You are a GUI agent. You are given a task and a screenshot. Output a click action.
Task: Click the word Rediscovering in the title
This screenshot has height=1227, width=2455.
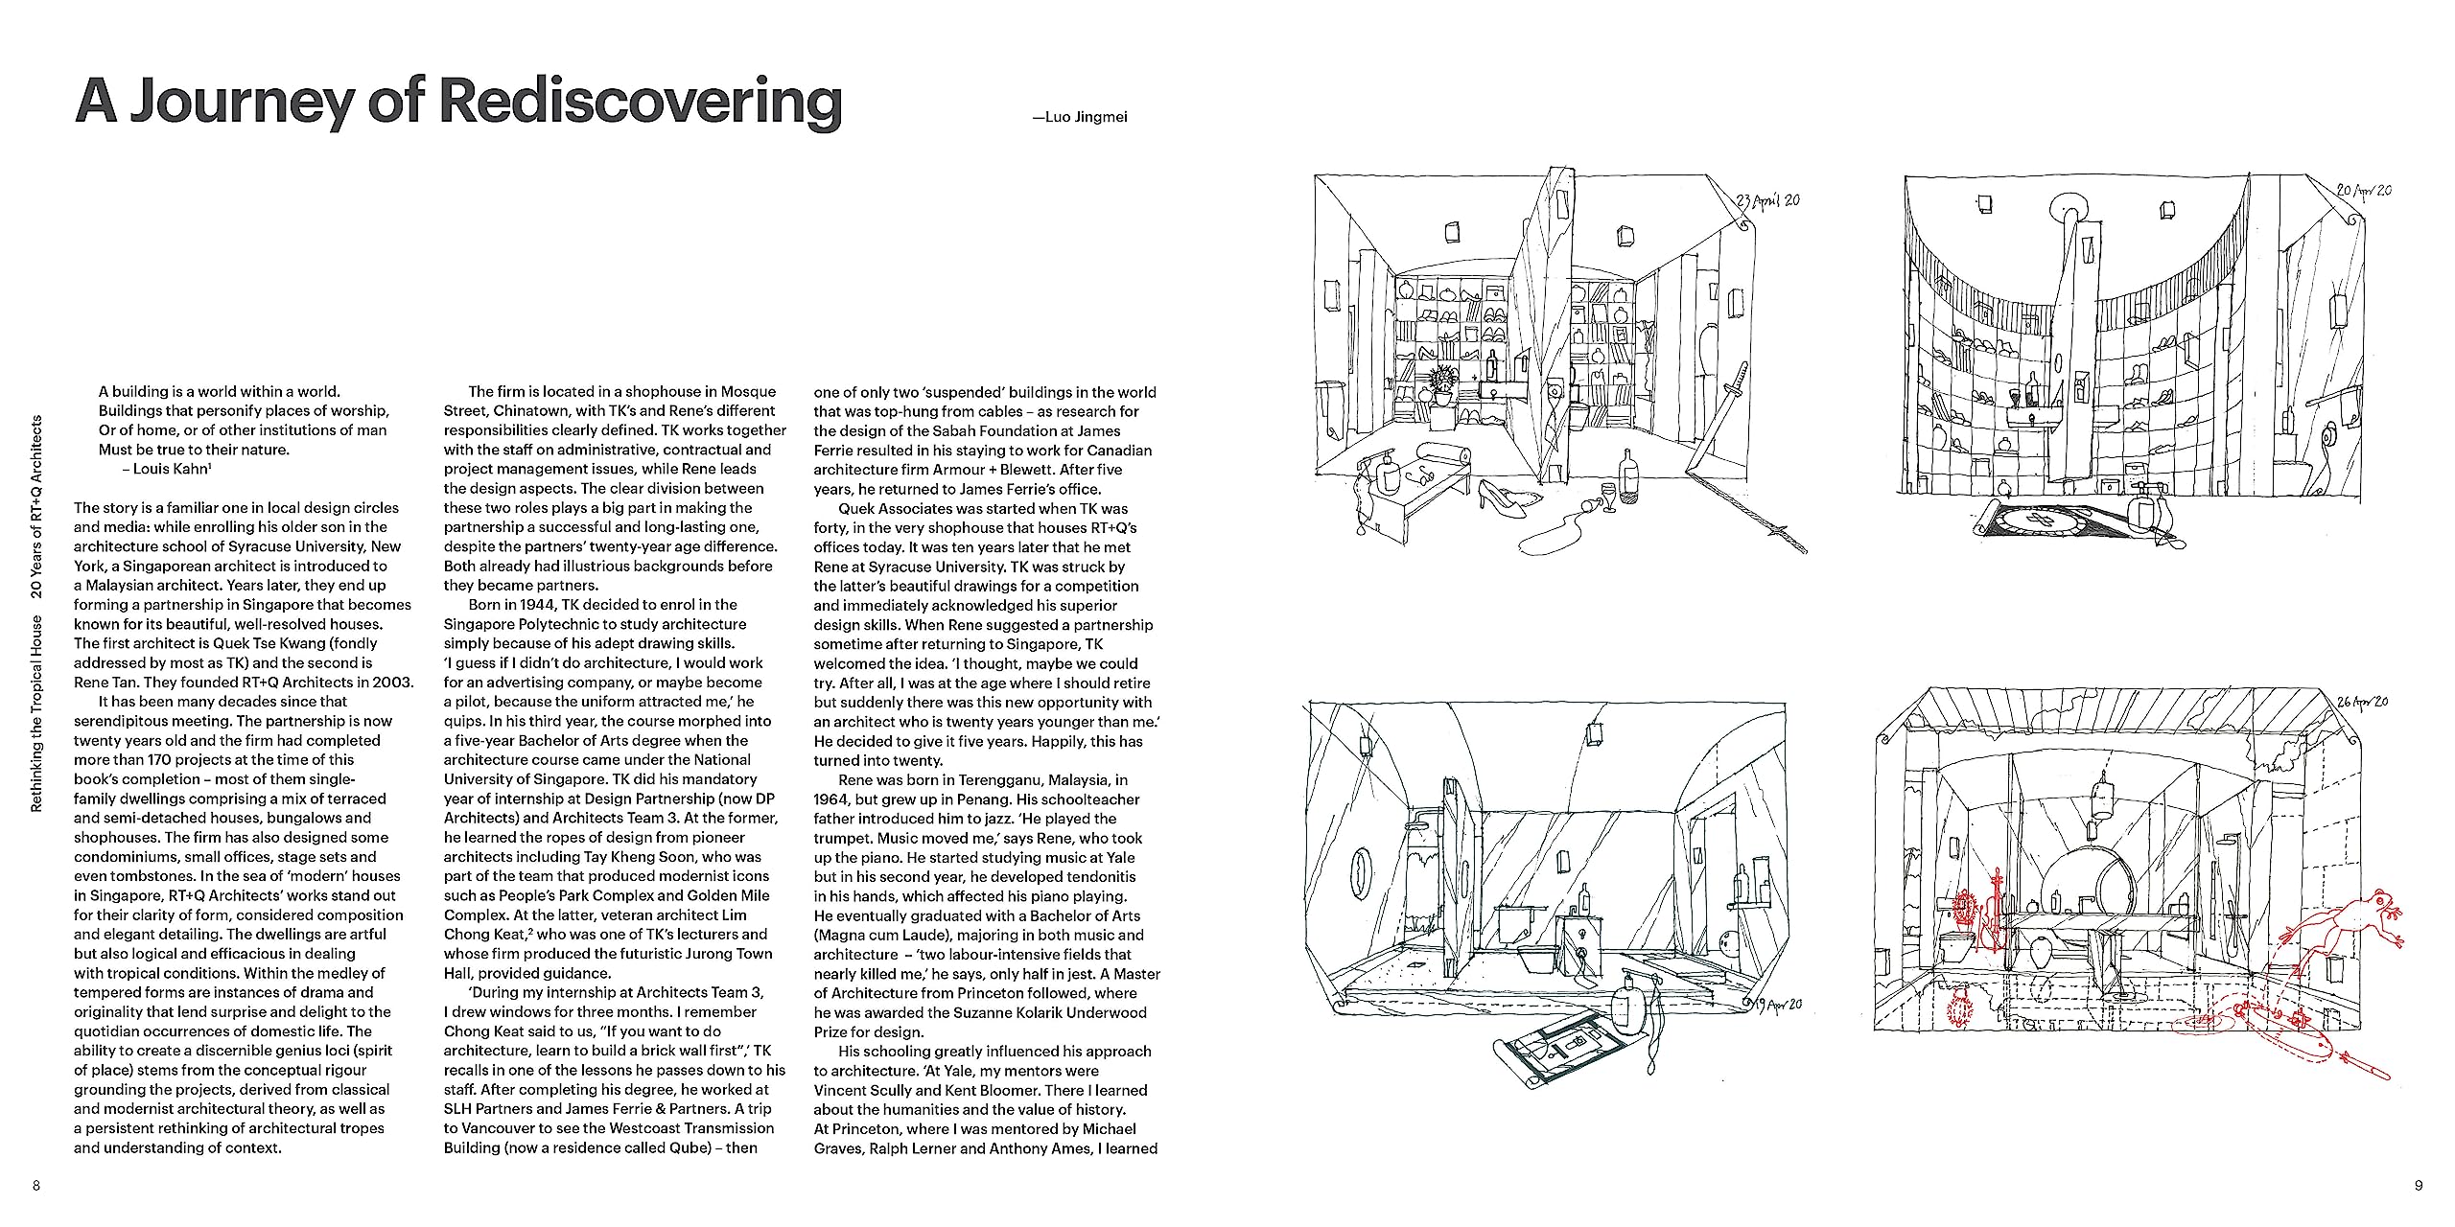click(x=641, y=102)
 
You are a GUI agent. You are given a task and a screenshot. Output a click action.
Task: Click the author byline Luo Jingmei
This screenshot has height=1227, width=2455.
click(x=1080, y=117)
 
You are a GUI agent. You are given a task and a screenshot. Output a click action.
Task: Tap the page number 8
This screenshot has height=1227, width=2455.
click(x=36, y=1186)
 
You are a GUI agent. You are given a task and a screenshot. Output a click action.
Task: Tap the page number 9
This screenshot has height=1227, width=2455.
click(x=2419, y=1186)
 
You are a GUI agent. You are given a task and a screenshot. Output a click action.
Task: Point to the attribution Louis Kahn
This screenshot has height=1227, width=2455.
click(x=172, y=469)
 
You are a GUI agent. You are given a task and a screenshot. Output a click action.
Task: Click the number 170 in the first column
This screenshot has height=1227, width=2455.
click(x=159, y=760)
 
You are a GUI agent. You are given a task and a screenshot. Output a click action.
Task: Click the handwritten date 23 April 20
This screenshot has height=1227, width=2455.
click(x=1768, y=201)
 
